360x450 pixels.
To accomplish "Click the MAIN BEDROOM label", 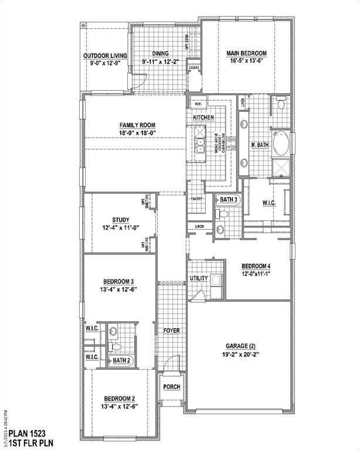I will pos(247,53).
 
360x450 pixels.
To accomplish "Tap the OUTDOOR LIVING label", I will pos(103,56).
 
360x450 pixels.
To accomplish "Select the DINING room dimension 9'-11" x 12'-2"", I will pos(162,61).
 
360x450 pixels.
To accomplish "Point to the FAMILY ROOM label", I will pos(137,125).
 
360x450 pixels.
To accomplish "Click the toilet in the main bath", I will pos(281,104).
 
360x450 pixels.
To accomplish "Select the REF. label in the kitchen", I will pos(198,106).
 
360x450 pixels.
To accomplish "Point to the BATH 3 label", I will pos(229,200).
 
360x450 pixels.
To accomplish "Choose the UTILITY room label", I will pos(199,278).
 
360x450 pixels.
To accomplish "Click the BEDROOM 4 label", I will pos(256,266).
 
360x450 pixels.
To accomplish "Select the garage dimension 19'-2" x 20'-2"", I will pos(243,354).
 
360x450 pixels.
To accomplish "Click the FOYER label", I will pos(171,331).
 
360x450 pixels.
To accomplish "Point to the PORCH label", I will pos(171,387).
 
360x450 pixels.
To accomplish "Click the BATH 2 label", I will pos(121,360).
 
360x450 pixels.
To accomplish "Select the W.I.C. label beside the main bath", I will pos(269,203).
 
